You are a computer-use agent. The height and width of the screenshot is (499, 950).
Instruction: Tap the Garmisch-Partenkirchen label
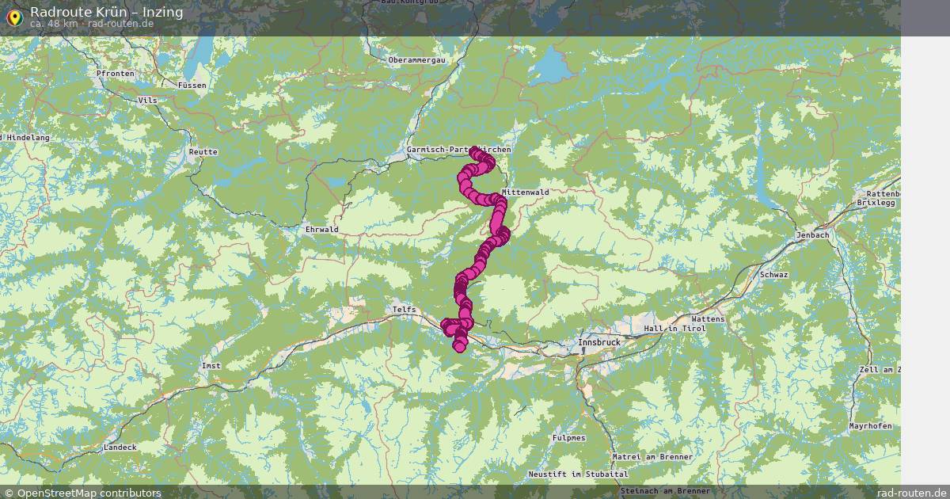tap(458, 149)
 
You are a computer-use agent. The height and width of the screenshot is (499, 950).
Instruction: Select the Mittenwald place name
tap(525, 192)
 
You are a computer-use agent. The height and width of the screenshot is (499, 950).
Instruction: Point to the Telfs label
tap(403, 310)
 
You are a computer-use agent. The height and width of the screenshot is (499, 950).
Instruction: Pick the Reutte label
tap(203, 151)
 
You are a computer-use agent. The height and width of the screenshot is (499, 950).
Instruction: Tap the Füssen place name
tap(192, 85)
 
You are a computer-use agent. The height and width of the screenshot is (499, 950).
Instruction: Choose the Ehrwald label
tap(321, 230)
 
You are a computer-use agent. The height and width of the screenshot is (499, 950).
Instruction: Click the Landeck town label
tap(120, 448)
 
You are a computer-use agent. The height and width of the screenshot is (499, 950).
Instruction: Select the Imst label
tap(211, 366)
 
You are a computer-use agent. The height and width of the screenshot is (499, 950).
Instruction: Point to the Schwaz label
tap(773, 274)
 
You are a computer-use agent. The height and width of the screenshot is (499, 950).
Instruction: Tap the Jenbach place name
tap(814, 235)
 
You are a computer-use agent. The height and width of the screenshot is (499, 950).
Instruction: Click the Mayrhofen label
tap(870, 426)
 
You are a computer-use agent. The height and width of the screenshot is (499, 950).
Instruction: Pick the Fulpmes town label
tap(569, 437)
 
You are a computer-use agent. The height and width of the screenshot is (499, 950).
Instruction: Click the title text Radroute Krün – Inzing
tap(107, 11)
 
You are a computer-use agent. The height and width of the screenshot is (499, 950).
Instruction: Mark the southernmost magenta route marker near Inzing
tap(459, 347)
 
